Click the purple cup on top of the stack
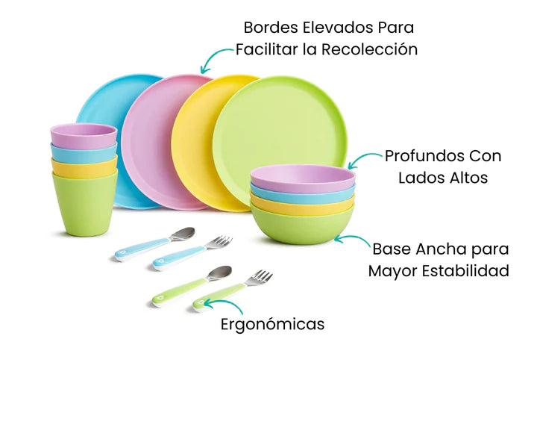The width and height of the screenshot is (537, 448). tap(84, 135)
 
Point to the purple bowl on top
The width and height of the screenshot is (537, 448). tap(303, 178)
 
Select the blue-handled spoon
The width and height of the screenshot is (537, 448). tap(155, 244)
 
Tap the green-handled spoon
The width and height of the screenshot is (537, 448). tap(192, 285)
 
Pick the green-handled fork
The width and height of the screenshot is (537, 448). tap(233, 290)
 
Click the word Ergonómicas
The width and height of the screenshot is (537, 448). tap(272, 324)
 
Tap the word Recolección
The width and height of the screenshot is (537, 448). tap(369, 49)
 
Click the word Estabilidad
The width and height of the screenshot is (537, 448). tap(465, 271)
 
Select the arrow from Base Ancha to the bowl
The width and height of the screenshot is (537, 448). tap(354, 237)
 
